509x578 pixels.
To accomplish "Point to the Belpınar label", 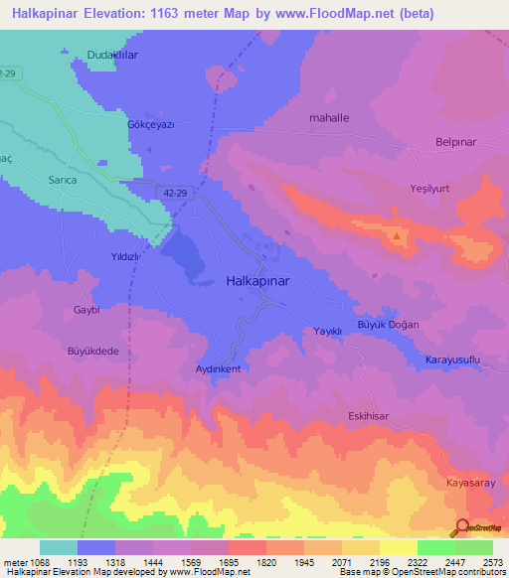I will click(x=458, y=142).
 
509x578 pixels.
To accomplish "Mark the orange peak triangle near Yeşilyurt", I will click(x=397, y=236).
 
